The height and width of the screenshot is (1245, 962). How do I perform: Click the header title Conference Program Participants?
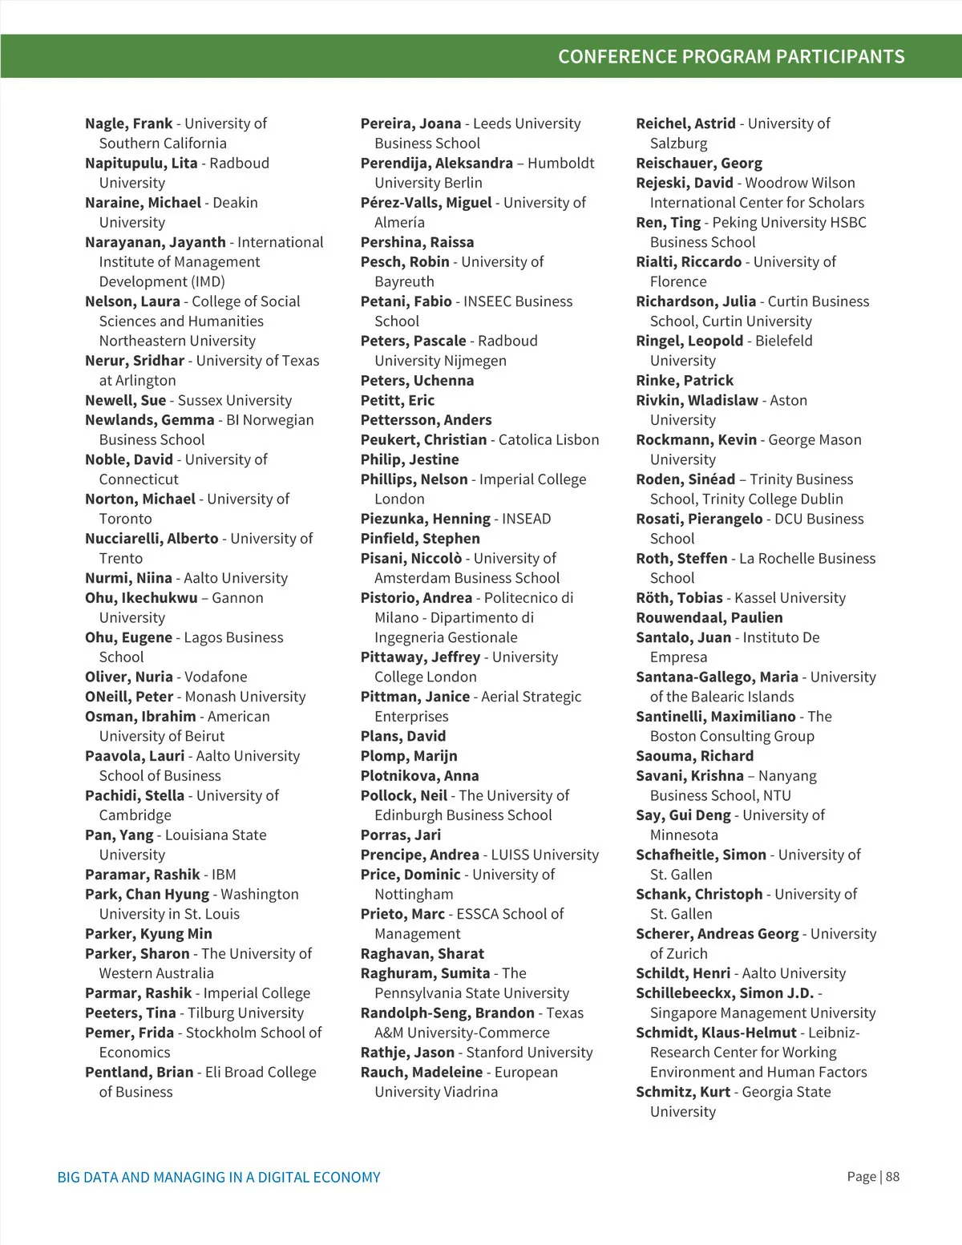point(731,57)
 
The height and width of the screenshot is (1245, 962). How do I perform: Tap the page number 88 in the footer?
point(892,1177)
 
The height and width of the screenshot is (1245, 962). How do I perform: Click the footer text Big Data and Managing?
point(219,1178)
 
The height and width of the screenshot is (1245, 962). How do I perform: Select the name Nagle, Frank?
point(129,123)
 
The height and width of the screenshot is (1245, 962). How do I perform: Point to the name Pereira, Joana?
point(410,123)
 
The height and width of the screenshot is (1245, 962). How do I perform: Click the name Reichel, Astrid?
point(685,123)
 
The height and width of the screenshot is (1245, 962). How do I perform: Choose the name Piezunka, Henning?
point(425,519)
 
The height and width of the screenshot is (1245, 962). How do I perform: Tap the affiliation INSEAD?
point(527,519)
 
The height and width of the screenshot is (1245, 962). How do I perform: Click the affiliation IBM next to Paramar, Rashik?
point(224,875)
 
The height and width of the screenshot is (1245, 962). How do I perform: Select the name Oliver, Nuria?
point(129,677)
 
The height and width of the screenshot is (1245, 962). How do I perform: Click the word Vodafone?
point(216,677)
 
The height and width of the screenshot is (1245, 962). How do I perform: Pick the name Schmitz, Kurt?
point(683,1092)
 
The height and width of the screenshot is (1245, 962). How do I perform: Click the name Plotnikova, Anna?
point(419,775)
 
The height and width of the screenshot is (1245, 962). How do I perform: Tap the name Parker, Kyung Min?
point(148,933)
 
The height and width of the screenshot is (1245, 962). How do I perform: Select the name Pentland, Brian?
point(139,1072)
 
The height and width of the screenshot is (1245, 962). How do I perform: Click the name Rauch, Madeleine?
point(422,1072)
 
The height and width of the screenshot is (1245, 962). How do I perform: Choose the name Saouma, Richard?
point(694,756)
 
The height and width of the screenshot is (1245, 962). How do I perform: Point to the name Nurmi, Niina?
point(128,578)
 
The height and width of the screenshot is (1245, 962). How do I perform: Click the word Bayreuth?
point(404,281)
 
